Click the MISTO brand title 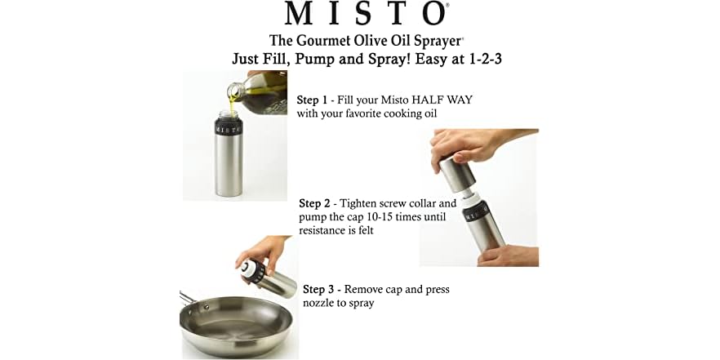(x=365, y=14)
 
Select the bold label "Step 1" (x=313, y=100)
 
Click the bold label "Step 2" (x=315, y=203)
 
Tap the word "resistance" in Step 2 (x=326, y=231)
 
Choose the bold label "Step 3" (x=319, y=289)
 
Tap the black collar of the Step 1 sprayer (x=227, y=127)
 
